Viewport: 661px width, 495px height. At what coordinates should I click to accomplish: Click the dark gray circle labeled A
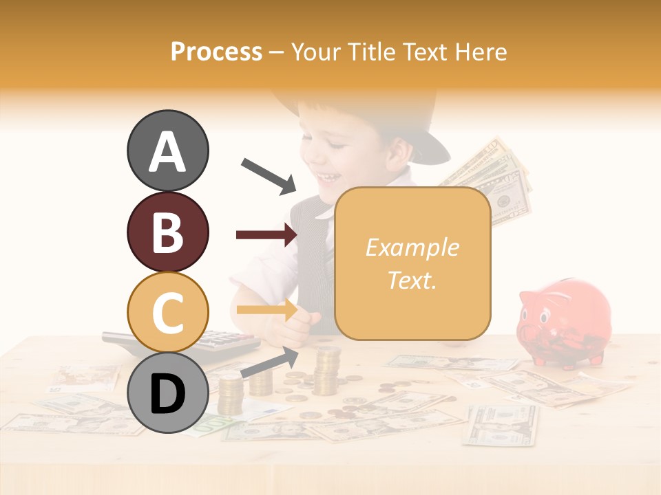(167, 151)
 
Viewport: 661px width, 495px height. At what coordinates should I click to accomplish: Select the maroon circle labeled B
(167, 232)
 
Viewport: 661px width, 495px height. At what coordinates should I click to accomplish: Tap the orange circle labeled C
(167, 312)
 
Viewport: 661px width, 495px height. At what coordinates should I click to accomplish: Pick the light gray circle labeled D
(167, 393)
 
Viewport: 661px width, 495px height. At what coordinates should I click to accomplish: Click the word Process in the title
(216, 52)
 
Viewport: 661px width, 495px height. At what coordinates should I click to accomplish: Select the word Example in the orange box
(412, 247)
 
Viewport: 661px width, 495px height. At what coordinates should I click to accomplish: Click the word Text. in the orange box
(412, 280)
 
